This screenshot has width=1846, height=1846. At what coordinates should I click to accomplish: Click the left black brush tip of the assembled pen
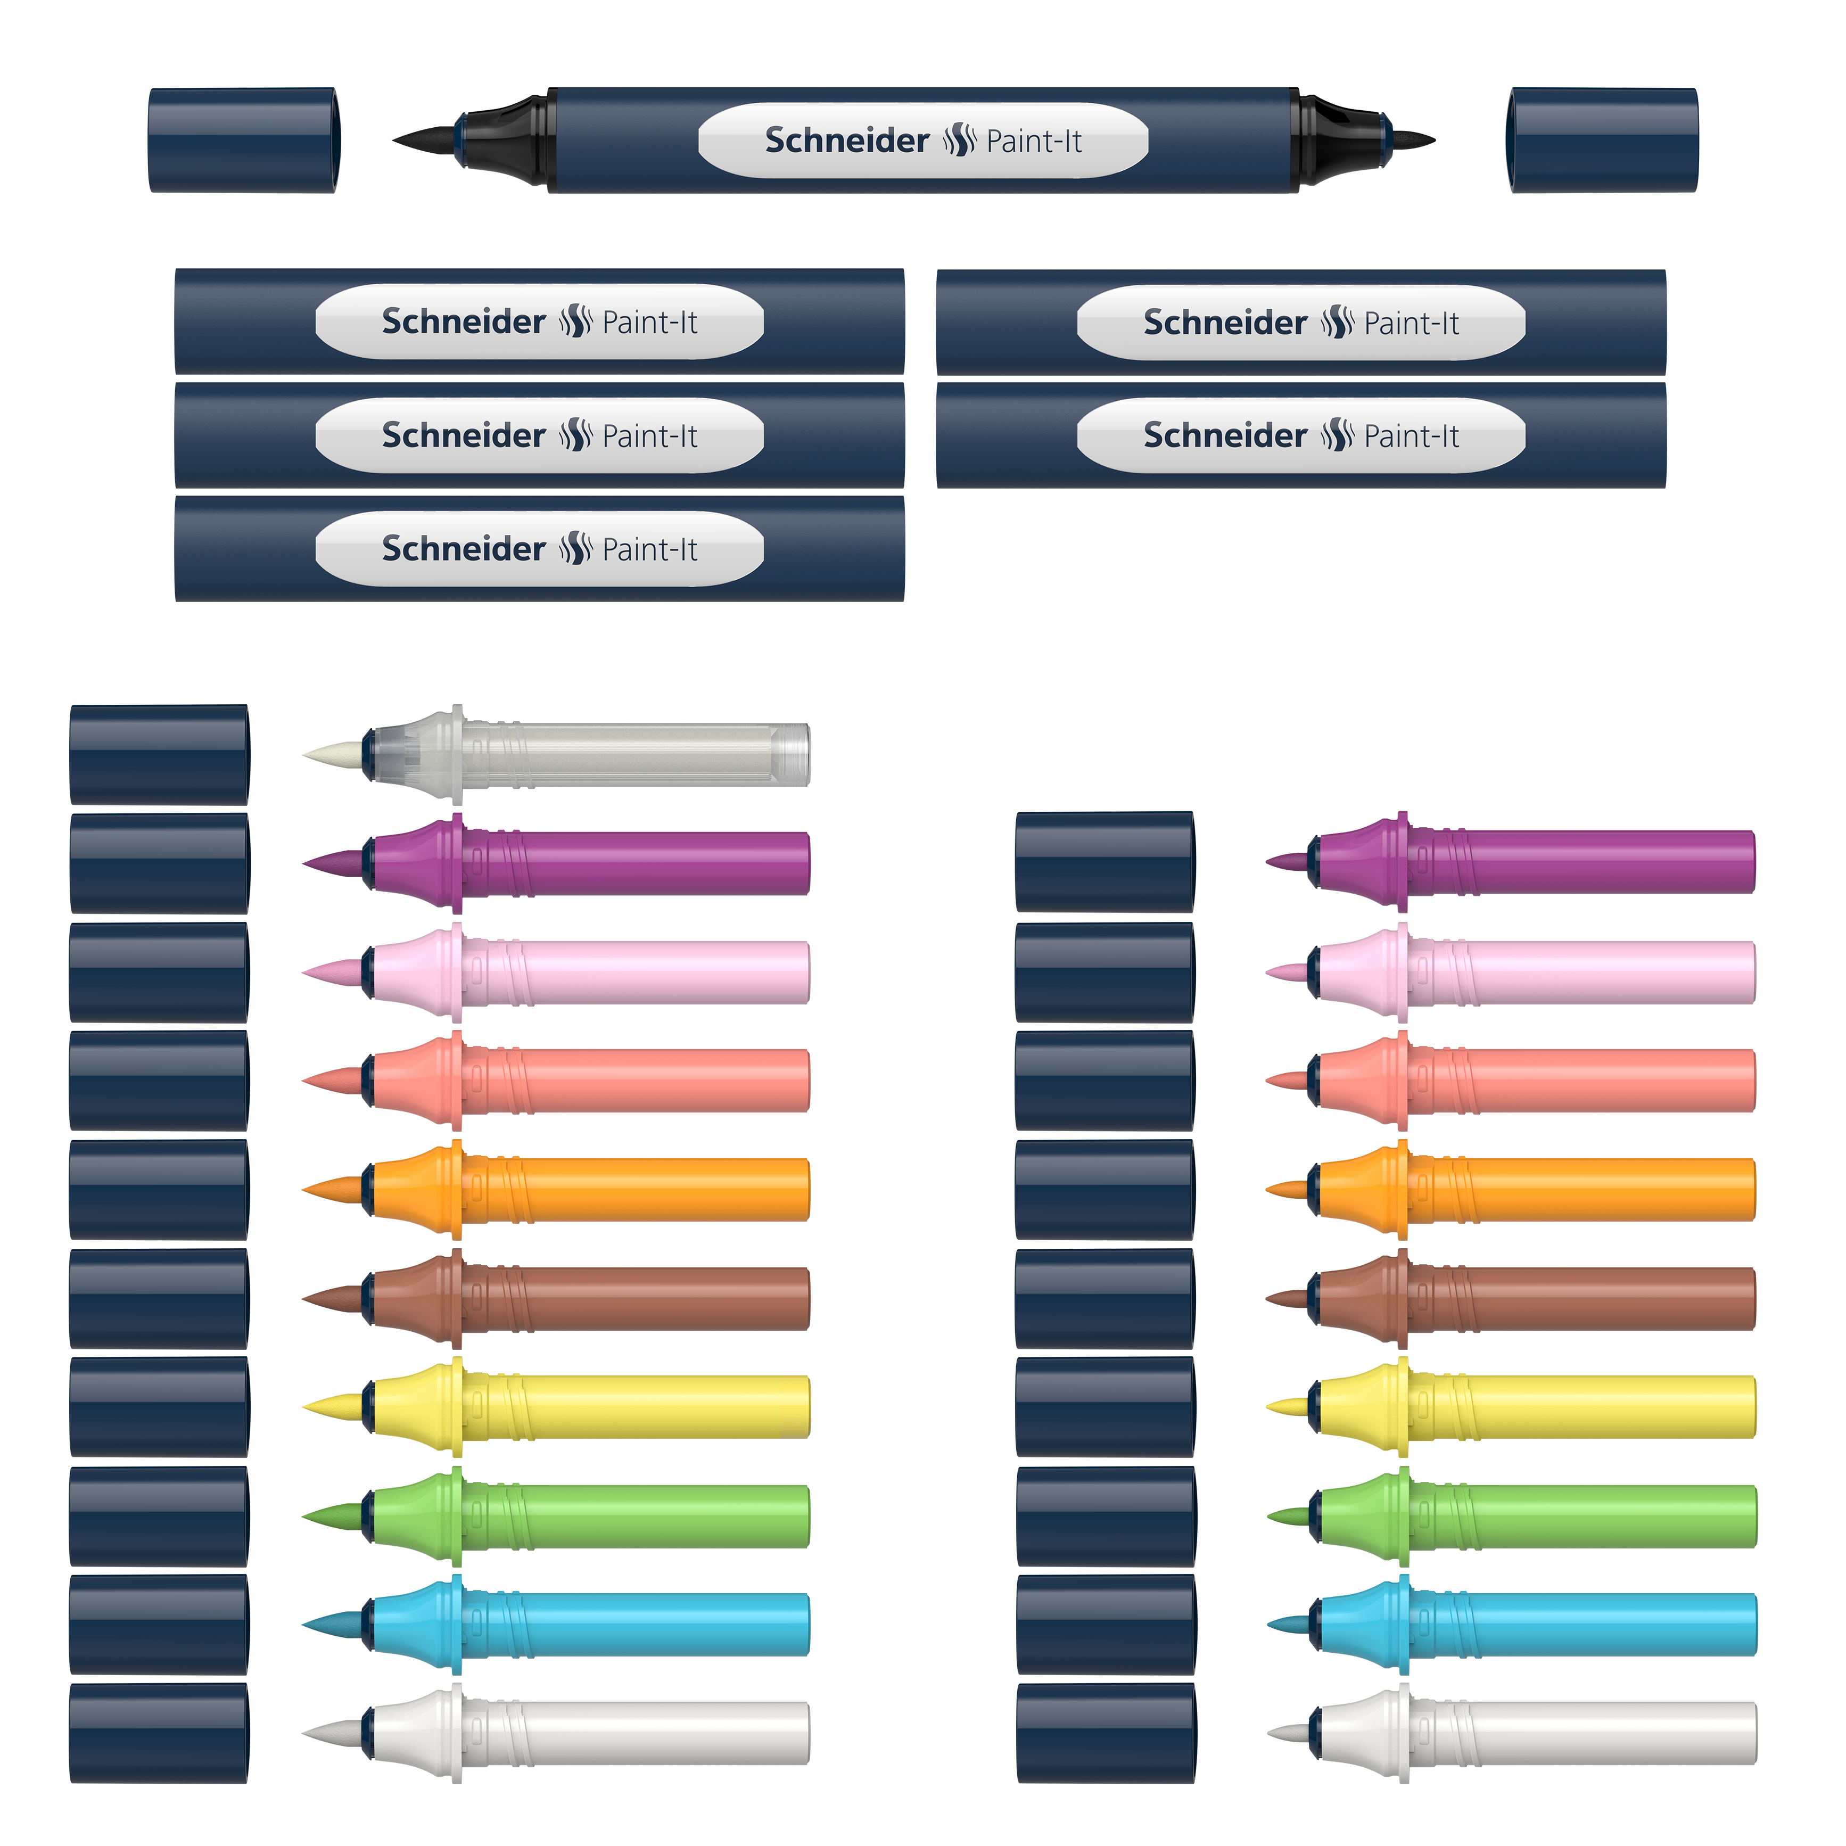tap(425, 139)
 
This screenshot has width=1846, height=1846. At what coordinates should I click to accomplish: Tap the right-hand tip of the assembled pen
tap(1412, 139)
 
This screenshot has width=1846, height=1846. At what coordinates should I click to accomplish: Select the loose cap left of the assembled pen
tap(244, 141)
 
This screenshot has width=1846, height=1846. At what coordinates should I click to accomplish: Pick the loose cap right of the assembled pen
tap(1602, 141)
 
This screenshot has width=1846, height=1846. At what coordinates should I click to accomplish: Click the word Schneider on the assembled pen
tap(846, 141)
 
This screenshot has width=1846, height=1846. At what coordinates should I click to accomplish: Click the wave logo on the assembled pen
tap(958, 141)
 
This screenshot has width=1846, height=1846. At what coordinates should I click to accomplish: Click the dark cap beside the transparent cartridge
tap(159, 755)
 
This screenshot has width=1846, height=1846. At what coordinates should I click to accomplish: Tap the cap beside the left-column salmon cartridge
tap(159, 1081)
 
